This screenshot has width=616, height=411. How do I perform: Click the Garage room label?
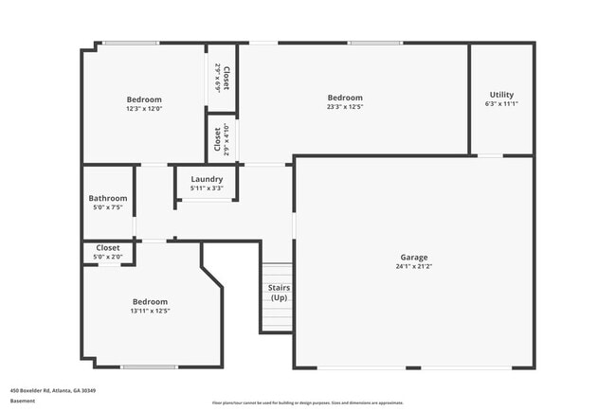point(413,257)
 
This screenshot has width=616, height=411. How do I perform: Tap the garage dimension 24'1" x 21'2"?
point(413,266)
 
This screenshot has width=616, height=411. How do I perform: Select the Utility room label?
point(501,95)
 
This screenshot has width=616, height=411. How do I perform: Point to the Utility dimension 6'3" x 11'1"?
point(501,104)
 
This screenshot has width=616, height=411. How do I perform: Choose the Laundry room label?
point(207,179)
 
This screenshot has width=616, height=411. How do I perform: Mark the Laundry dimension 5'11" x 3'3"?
point(207,188)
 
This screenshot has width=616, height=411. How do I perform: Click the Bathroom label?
point(108,198)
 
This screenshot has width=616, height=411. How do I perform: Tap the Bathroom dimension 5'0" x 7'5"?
point(108,207)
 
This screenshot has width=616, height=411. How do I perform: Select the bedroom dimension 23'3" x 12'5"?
point(345,107)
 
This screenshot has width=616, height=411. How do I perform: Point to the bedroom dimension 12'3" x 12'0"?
point(144,108)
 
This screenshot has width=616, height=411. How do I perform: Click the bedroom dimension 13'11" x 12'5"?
point(150,311)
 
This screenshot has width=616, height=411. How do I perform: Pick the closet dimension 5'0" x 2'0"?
point(108,257)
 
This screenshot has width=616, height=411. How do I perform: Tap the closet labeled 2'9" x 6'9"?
point(221,77)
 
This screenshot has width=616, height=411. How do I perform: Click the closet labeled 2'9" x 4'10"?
point(221,139)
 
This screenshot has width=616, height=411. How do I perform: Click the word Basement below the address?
point(22,401)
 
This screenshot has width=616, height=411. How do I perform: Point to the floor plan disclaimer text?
point(307,402)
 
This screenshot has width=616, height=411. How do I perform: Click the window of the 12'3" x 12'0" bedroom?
point(130,43)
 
